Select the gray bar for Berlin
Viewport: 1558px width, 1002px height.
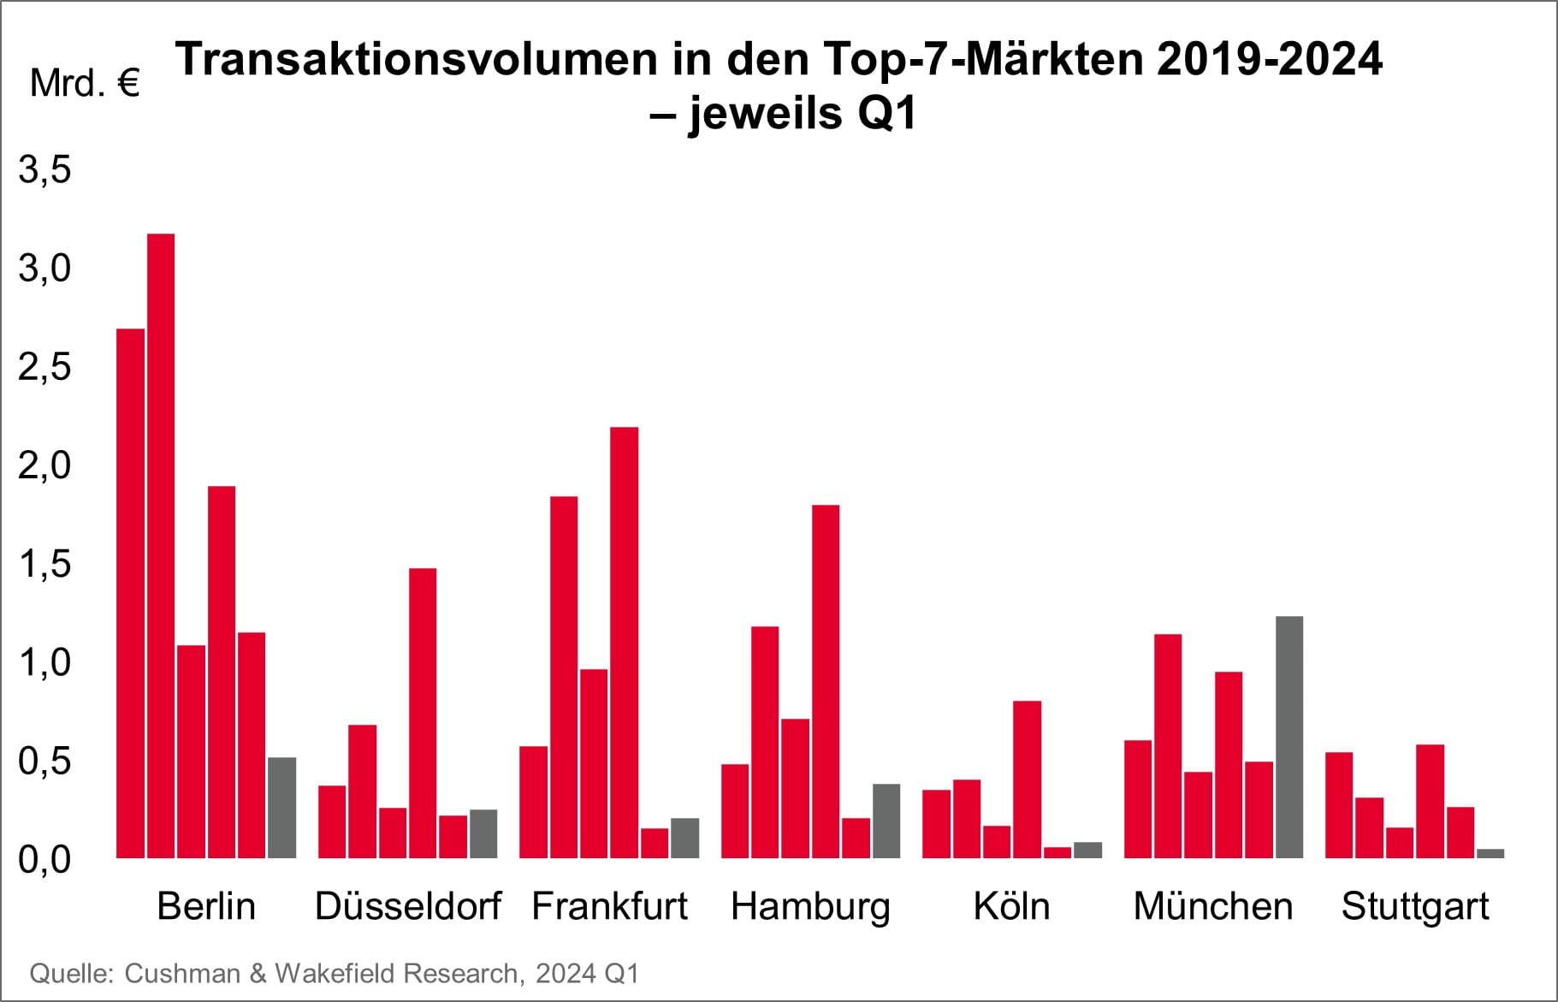click(x=281, y=808)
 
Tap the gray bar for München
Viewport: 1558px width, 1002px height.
click(x=1288, y=737)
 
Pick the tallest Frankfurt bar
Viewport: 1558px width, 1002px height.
click(x=624, y=642)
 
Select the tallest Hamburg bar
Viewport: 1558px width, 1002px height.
click(x=826, y=681)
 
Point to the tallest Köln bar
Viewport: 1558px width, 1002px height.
click(x=1027, y=779)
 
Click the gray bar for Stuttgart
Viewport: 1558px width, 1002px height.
click(x=1490, y=853)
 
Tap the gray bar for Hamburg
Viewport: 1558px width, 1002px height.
click(x=886, y=821)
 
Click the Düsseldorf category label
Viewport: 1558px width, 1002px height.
click(x=408, y=906)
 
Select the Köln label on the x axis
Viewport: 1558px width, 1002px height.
click(x=1011, y=906)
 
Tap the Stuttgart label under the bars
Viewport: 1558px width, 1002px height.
click(x=1414, y=906)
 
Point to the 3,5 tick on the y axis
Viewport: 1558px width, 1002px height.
click(x=44, y=170)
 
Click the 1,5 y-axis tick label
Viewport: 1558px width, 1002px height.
click(x=44, y=565)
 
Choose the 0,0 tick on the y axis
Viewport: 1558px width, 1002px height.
click(x=44, y=860)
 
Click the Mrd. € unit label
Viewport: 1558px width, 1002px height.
click(x=84, y=84)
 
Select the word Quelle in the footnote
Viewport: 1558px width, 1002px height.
click(x=71, y=973)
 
